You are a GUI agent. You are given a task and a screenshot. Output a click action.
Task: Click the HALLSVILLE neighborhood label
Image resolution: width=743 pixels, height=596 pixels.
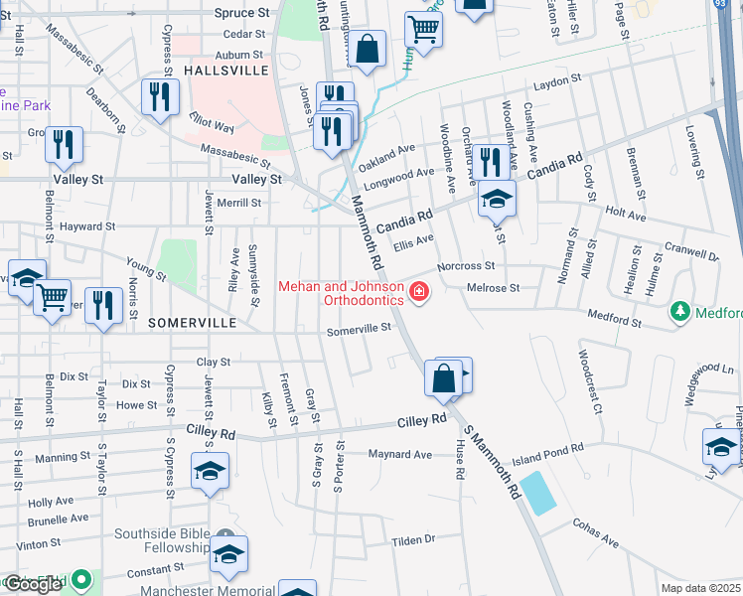(226, 72)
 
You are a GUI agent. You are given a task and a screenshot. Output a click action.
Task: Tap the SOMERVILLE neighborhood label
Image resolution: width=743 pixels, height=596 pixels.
(192, 323)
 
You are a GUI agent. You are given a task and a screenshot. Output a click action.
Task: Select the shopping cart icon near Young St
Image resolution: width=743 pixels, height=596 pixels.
(52, 295)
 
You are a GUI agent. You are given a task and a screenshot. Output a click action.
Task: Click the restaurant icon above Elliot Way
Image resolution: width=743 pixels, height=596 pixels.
(159, 95)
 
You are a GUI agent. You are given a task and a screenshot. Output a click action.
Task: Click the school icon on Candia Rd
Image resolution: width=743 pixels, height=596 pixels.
(497, 199)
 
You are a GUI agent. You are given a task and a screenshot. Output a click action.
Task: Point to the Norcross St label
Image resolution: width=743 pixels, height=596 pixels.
(466, 266)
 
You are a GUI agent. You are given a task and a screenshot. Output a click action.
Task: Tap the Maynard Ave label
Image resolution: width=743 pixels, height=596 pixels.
(400, 455)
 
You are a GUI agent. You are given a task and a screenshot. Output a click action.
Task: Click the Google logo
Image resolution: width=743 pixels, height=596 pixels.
(33, 584)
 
